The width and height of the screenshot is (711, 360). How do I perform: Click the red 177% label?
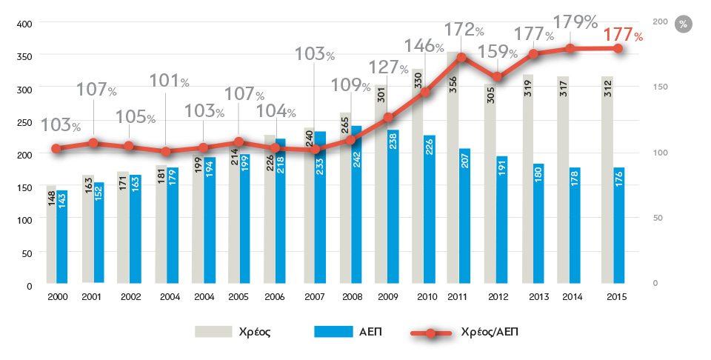pyautogui.click(x=623, y=35)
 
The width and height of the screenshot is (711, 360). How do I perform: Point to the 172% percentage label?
pyautogui.click(x=464, y=30)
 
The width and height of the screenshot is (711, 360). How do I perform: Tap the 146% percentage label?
pyautogui.click(x=424, y=45)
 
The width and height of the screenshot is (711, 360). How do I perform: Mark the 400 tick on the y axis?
pyautogui.click(x=24, y=24)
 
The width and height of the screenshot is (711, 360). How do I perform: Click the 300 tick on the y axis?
pyautogui.click(x=24, y=89)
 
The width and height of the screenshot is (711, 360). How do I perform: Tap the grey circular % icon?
pyautogui.click(x=683, y=24)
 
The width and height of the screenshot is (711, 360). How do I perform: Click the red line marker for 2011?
pyautogui.click(x=461, y=57)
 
